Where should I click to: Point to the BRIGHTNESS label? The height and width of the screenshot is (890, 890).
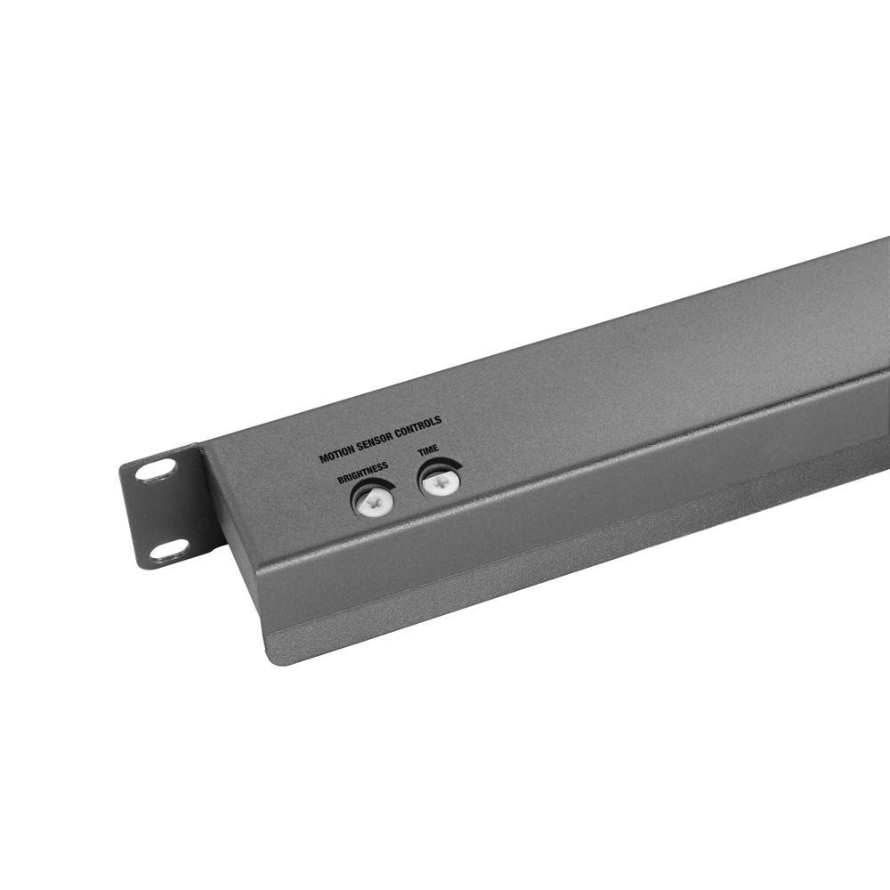pos(362,473)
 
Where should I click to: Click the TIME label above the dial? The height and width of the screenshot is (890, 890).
pos(428,452)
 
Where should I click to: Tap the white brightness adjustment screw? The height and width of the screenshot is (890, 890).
pos(374,501)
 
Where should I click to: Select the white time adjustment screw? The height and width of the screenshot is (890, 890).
pos(438,483)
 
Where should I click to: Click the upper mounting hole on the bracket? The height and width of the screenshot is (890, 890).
pos(156,471)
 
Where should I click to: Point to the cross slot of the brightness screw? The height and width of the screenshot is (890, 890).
pos(374,502)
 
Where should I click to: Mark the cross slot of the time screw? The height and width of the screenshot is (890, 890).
pos(438,483)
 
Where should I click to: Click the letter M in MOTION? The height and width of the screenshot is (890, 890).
pos(323,459)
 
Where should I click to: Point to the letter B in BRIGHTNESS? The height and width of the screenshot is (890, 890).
pos(341,481)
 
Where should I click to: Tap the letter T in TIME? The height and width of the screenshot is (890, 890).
pos(420,455)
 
